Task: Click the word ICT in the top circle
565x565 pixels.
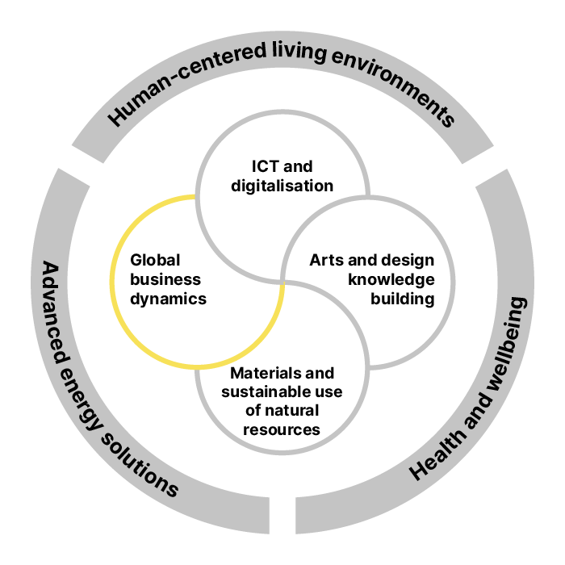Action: tap(266, 166)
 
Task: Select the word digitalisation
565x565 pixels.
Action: tap(282, 186)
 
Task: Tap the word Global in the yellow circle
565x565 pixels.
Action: tap(155, 260)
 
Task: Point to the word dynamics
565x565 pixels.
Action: tap(168, 299)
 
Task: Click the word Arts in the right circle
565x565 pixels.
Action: tap(326, 260)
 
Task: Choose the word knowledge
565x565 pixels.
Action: tap(391, 280)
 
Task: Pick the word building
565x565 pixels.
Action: tap(403, 299)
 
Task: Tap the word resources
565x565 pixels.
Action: tap(282, 430)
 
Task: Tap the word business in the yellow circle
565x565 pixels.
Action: tap(165, 279)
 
